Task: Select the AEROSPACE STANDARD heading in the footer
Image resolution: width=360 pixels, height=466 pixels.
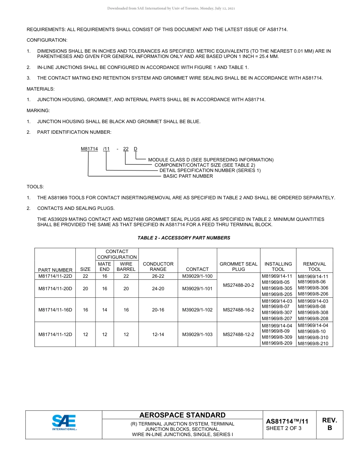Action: [182, 415]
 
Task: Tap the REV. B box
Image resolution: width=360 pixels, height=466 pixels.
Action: [329, 424]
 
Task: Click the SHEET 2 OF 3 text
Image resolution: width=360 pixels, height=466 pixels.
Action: [283, 428]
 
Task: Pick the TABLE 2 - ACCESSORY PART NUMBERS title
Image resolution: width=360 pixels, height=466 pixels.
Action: [184, 238]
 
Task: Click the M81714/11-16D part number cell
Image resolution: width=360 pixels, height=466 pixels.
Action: [55, 310]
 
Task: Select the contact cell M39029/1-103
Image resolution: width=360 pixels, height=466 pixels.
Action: [197, 335]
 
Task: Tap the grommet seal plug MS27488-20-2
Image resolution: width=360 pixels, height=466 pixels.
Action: [238, 285]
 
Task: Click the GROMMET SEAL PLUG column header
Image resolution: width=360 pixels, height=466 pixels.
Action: [238, 266]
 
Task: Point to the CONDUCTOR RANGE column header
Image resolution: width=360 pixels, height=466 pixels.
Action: [158, 266]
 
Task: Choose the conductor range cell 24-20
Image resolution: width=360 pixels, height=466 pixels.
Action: [158, 289]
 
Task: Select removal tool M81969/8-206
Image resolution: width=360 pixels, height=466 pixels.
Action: [313, 294]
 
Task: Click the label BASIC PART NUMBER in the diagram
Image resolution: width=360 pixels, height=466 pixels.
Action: [188, 176]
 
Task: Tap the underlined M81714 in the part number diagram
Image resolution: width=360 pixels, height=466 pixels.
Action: [89, 149]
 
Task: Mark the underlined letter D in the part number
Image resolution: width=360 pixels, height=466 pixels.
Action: [136, 149]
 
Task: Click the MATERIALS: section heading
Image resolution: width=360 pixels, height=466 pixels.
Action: [41, 89]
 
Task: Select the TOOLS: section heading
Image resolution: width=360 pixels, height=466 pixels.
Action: [35, 187]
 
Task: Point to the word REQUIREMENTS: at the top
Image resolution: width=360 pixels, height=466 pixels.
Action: [44, 30]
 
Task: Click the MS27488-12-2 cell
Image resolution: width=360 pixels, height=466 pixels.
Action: [238, 335]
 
